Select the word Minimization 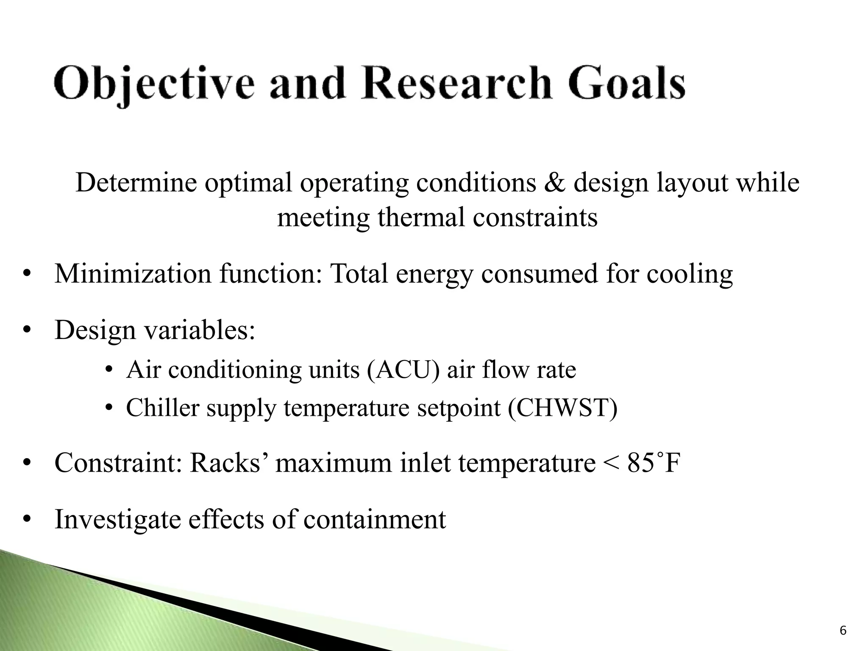pos(133,274)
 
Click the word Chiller pos(162,408)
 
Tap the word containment pos(374,520)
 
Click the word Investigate pos(118,520)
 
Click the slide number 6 pos(843,631)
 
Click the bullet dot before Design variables pos(27,331)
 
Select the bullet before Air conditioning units pos(109,370)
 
